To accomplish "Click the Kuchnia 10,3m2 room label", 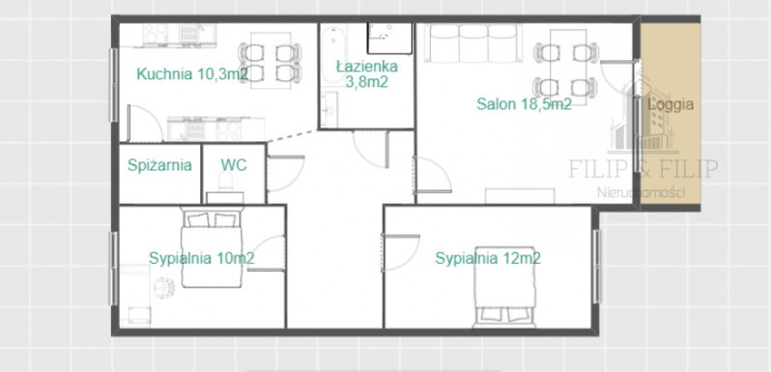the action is [x=191, y=74].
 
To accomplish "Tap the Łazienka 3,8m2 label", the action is [x=367, y=73].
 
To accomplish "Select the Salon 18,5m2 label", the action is [x=525, y=104].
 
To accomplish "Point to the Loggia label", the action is [x=671, y=104].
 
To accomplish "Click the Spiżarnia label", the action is [x=159, y=165].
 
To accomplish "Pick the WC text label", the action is [x=234, y=165].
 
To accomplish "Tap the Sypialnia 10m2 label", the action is [x=202, y=258].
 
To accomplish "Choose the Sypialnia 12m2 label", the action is [x=488, y=258].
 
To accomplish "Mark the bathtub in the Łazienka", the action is [x=334, y=55].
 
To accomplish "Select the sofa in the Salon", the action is [x=472, y=43].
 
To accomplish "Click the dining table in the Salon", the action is [x=567, y=67].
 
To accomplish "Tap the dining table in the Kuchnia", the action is [x=270, y=60].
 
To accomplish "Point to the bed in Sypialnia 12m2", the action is [x=503, y=287].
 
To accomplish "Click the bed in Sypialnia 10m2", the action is [x=212, y=247].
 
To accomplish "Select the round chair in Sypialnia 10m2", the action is [x=164, y=287].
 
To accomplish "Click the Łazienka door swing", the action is [x=371, y=149].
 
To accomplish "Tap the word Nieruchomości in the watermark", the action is [x=641, y=192].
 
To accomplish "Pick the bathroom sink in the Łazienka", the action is [x=329, y=108].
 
